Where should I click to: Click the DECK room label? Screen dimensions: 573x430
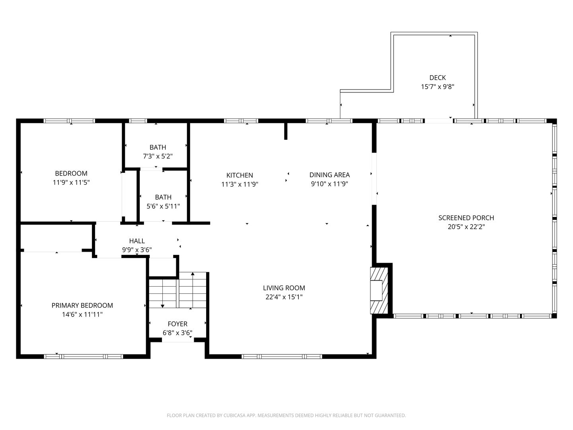coord(437,78)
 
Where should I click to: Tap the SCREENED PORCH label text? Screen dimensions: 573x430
coord(466,218)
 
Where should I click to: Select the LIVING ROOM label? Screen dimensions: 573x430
coord(284,288)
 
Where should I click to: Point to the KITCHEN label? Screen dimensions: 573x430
coord(240,175)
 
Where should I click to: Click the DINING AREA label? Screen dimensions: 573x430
coord(329,175)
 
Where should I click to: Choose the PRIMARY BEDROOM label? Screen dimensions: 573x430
coord(82,305)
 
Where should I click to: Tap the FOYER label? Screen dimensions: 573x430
coord(177,324)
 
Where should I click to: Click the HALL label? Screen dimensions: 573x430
coord(137,241)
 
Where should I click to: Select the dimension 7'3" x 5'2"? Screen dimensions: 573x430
coord(158,156)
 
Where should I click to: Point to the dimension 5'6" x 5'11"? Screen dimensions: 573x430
coord(163,206)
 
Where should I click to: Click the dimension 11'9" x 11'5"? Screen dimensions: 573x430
coord(71,182)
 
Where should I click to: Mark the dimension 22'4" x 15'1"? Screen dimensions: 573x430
coord(284,297)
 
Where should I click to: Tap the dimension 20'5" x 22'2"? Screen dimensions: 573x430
coord(466,227)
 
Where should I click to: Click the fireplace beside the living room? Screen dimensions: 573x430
coord(379,290)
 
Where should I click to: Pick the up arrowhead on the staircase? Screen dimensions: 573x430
coord(193,274)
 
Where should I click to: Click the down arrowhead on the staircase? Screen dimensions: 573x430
coord(162,306)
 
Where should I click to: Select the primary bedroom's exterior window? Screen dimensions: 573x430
coord(83,356)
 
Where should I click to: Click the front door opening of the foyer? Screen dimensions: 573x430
coord(178,340)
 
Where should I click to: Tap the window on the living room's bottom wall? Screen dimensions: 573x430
coord(282,356)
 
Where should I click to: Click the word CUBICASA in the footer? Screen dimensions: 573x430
coord(234,415)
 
